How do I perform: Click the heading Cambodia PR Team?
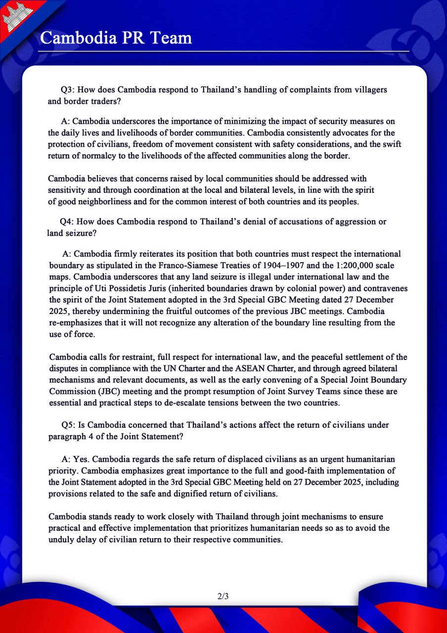[x=116, y=38]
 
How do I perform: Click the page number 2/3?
[x=223, y=596]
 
